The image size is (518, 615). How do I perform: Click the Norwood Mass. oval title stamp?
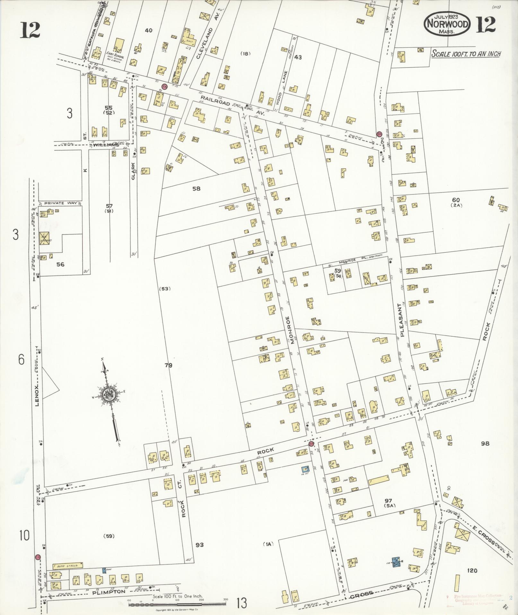coord(448,24)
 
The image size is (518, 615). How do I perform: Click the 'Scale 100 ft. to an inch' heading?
coord(466,54)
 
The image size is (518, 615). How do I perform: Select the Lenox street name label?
coord(37,395)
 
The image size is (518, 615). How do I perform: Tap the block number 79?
coord(168,365)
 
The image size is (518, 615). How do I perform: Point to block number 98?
coord(485,444)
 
